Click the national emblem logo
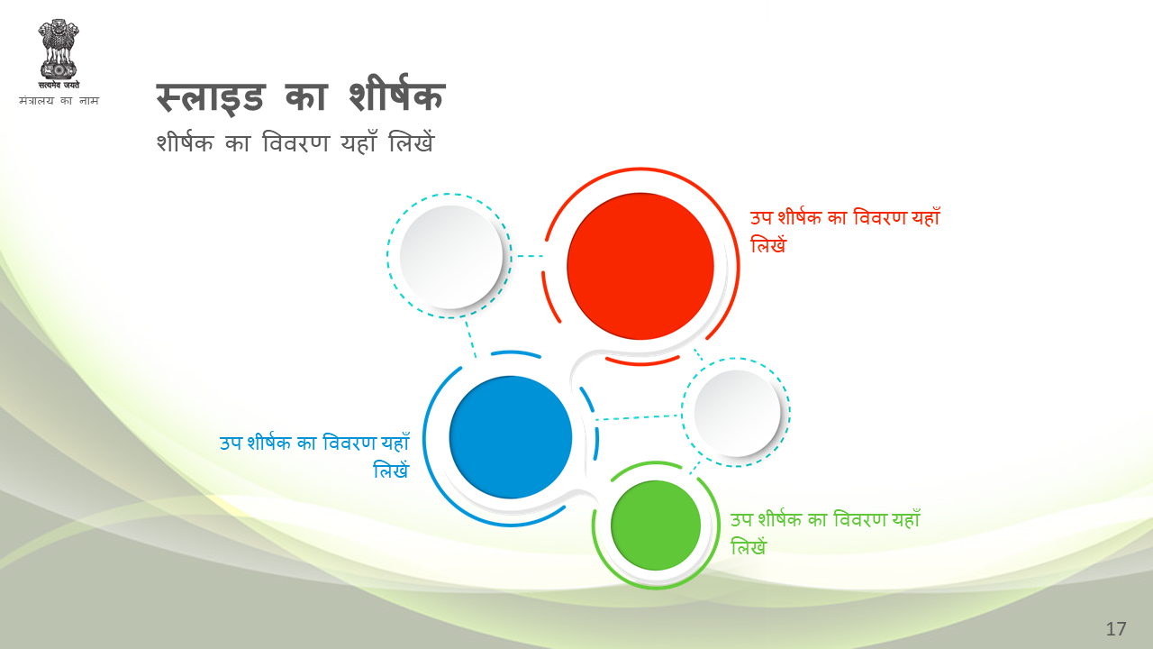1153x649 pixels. pos(59,53)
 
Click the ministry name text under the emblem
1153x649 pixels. pos(59,100)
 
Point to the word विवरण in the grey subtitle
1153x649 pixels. pos(295,142)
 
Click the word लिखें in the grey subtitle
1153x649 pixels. pos(412,142)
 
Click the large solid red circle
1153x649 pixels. pos(640,266)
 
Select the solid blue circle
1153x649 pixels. pos(511,437)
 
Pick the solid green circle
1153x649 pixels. pos(656,526)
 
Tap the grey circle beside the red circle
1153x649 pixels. pos(451,257)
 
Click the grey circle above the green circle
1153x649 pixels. pos(737,413)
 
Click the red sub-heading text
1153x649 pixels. pos(845,231)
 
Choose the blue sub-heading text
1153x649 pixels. pos(314,456)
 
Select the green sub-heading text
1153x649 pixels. pos(825,533)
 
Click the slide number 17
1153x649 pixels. pos(1116,629)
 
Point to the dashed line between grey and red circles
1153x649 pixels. pos(531,255)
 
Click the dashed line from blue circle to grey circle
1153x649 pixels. pos(639,417)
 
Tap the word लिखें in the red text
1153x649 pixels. pos(768,244)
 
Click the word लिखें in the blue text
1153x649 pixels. pos(391,471)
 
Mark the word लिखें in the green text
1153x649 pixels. pos(749,546)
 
